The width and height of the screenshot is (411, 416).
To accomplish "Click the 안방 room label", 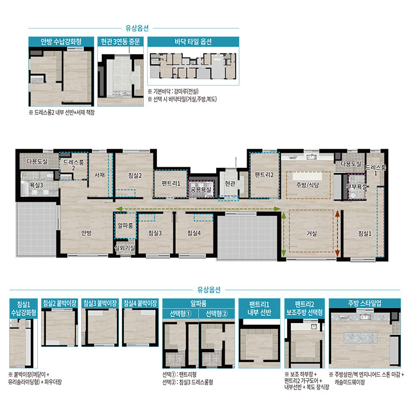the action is [86, 233].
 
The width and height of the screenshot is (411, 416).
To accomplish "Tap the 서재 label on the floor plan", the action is [100, 175].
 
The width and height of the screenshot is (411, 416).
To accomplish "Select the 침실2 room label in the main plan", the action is [135, 175].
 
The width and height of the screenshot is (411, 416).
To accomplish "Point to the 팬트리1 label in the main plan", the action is [171, 183].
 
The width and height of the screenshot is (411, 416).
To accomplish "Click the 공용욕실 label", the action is [201, 189].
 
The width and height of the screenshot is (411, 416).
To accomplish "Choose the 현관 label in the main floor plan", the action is [230, 183].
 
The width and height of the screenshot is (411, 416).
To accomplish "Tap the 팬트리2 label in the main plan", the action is [264, 175].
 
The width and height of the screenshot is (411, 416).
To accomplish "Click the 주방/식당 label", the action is [308, 185].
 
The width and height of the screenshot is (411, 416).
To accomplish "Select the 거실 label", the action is [311, 233].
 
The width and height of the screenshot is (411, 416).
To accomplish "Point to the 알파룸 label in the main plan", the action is [125, 226].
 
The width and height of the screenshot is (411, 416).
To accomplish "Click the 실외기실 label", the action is [124, 248].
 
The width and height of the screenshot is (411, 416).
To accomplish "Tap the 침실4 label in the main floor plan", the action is [194, 233].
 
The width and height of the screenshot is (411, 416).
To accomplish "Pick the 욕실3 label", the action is [36, 185].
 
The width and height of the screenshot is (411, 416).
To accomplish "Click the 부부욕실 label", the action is [356, 187].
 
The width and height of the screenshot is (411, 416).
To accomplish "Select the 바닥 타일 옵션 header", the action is [193, 42].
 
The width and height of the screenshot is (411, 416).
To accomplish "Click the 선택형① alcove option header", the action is [180, 314].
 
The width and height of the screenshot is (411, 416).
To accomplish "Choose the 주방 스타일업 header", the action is [364, 303].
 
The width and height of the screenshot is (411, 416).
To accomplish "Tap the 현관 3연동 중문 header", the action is [121, 42].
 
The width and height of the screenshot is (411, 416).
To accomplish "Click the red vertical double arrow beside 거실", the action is [337, 234].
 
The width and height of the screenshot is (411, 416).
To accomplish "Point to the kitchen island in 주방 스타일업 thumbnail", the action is [361, 338].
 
